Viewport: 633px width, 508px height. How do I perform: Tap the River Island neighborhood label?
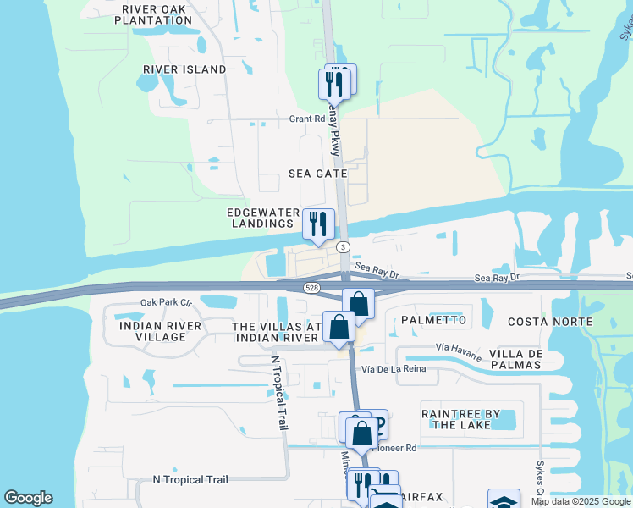[x=184, y=69]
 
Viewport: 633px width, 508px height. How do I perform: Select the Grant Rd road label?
[x=307, y=119]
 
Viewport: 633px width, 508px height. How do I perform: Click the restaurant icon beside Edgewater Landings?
[x=318, y=224]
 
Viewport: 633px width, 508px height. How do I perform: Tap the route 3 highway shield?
[x=343, y=246]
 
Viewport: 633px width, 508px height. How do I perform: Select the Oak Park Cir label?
[x=167, y=302]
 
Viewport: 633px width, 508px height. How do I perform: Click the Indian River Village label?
[x=161, y=331]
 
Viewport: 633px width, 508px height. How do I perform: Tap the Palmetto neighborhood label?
[x=433, y=320]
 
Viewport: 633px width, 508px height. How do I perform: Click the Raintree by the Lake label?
[x=460, y=419]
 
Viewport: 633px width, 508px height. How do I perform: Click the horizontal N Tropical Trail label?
[x=190, y=479]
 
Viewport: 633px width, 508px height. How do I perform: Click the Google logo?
[x=28, y=498]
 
